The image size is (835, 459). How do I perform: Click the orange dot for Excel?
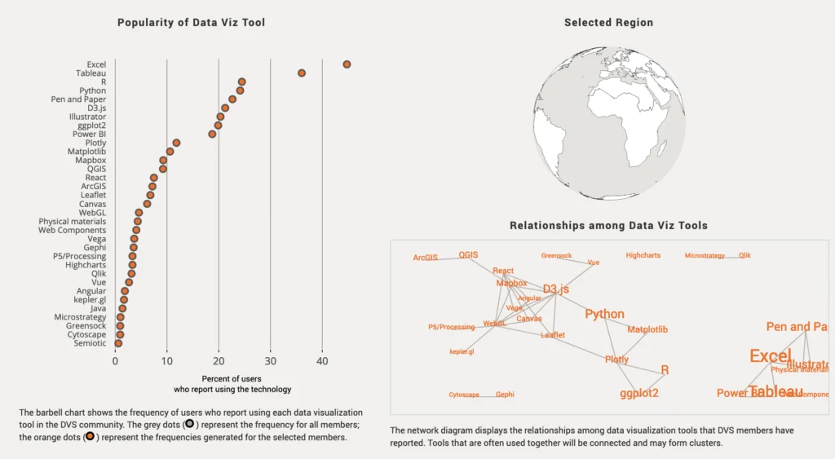coord(347,64)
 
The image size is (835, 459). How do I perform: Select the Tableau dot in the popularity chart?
coord(302,73)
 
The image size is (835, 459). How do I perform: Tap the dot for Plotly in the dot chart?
coord(176,143)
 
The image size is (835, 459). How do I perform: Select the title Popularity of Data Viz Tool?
coord(191,23)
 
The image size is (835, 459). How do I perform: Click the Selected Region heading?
coord(608,23)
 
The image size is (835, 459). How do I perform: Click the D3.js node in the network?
coord(555,289)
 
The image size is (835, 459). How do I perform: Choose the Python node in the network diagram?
coord(604,314)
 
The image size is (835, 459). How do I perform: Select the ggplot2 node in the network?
coord(638,393)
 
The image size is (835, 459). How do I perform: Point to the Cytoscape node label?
coord(464,395)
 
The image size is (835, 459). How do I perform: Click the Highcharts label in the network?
coord(643,256)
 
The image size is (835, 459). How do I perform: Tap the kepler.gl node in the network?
coord(462,352)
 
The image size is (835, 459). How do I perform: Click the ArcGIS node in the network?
coord(425,258)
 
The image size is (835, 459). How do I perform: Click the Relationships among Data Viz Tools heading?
coord(608,225)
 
